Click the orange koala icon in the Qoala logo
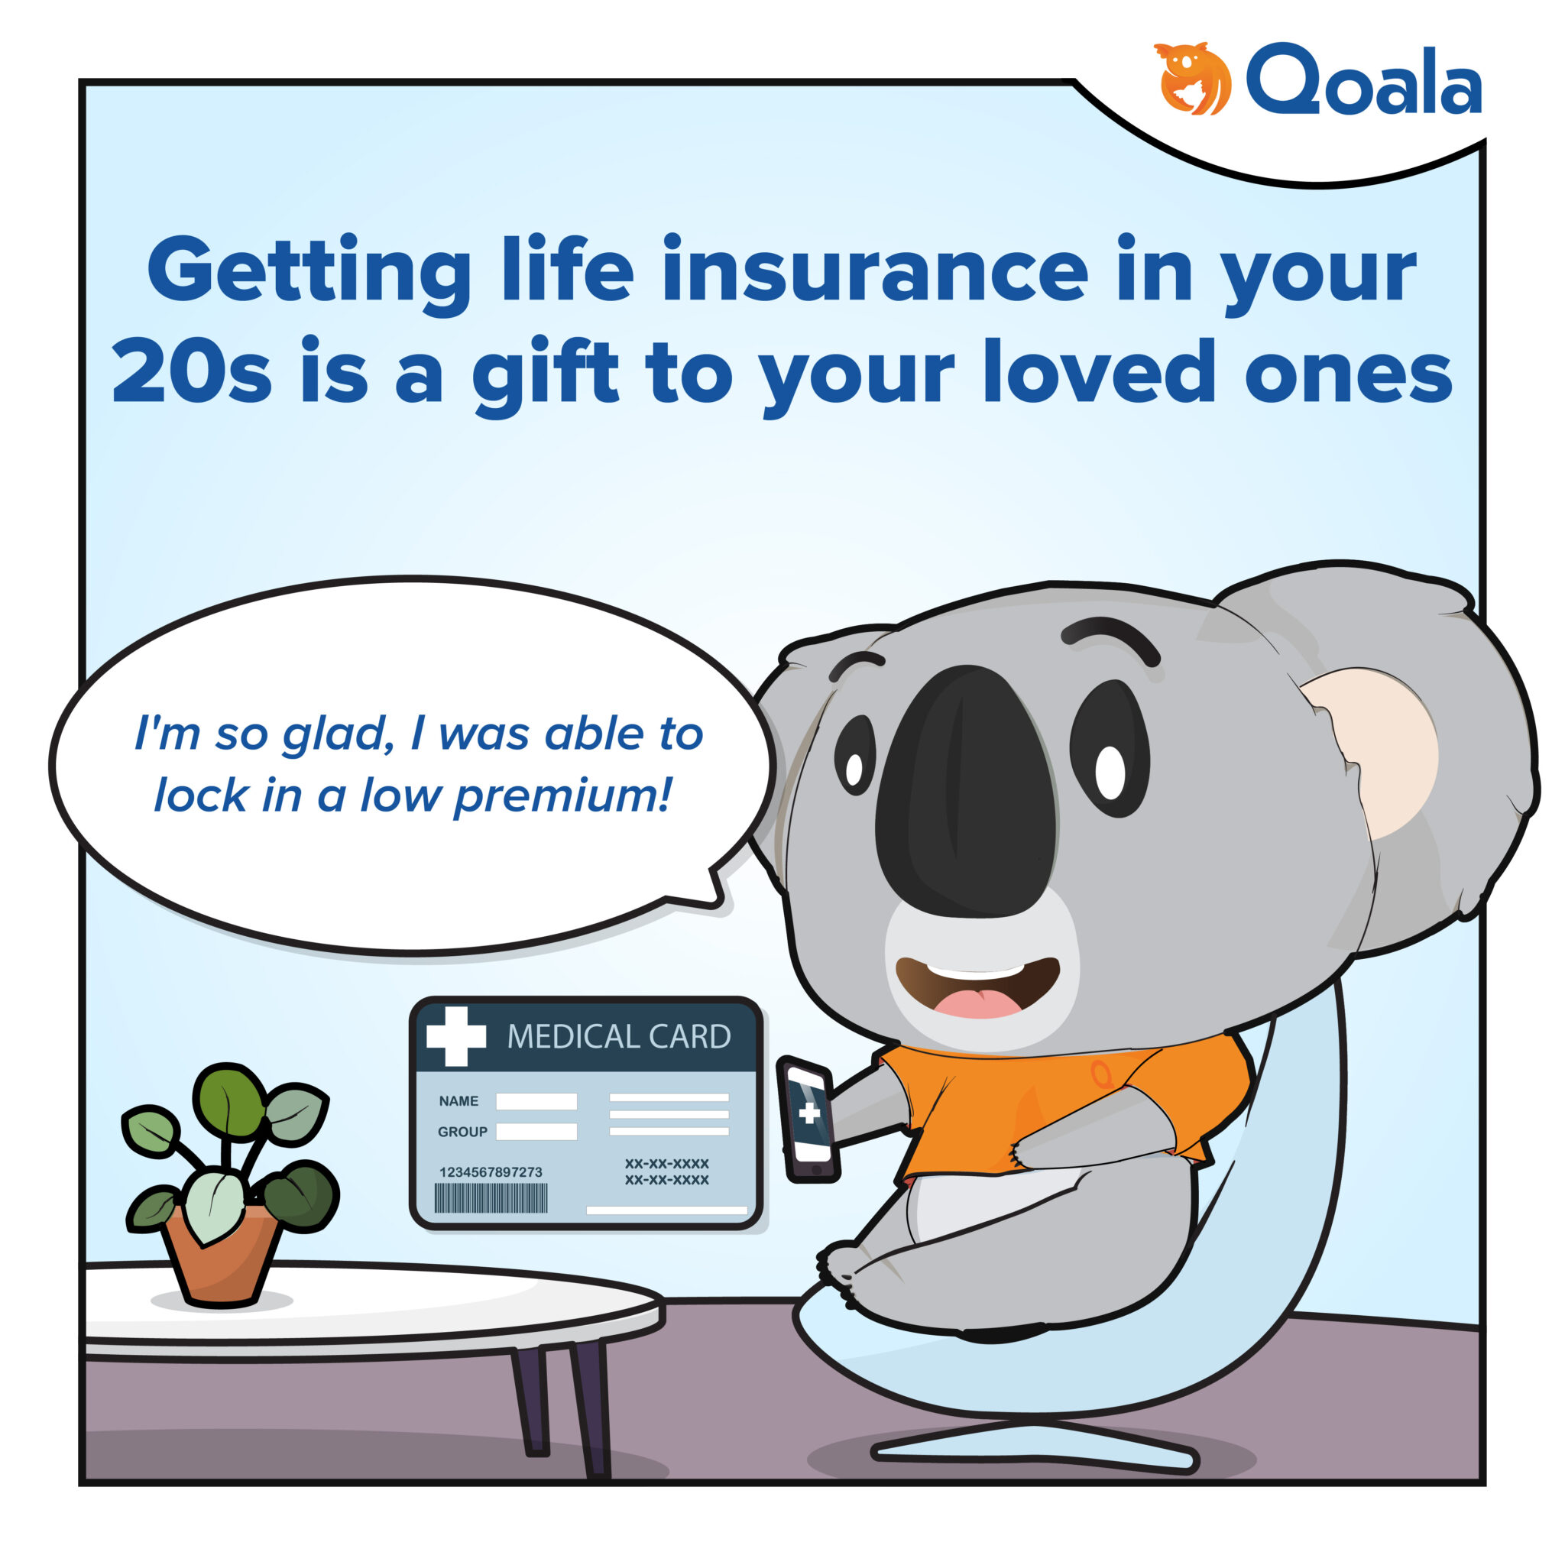(1193, 79)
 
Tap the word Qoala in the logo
(1363, 81)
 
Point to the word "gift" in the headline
(545, 374)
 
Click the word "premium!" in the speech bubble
(562, 795)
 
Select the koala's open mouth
(977, 986)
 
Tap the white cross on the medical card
(456, 1036)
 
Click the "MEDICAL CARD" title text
(619, 1037)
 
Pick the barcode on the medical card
(491, 1198)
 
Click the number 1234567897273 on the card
(490, 1172)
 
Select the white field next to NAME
(536, 1101)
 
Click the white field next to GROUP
(536, 1132)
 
